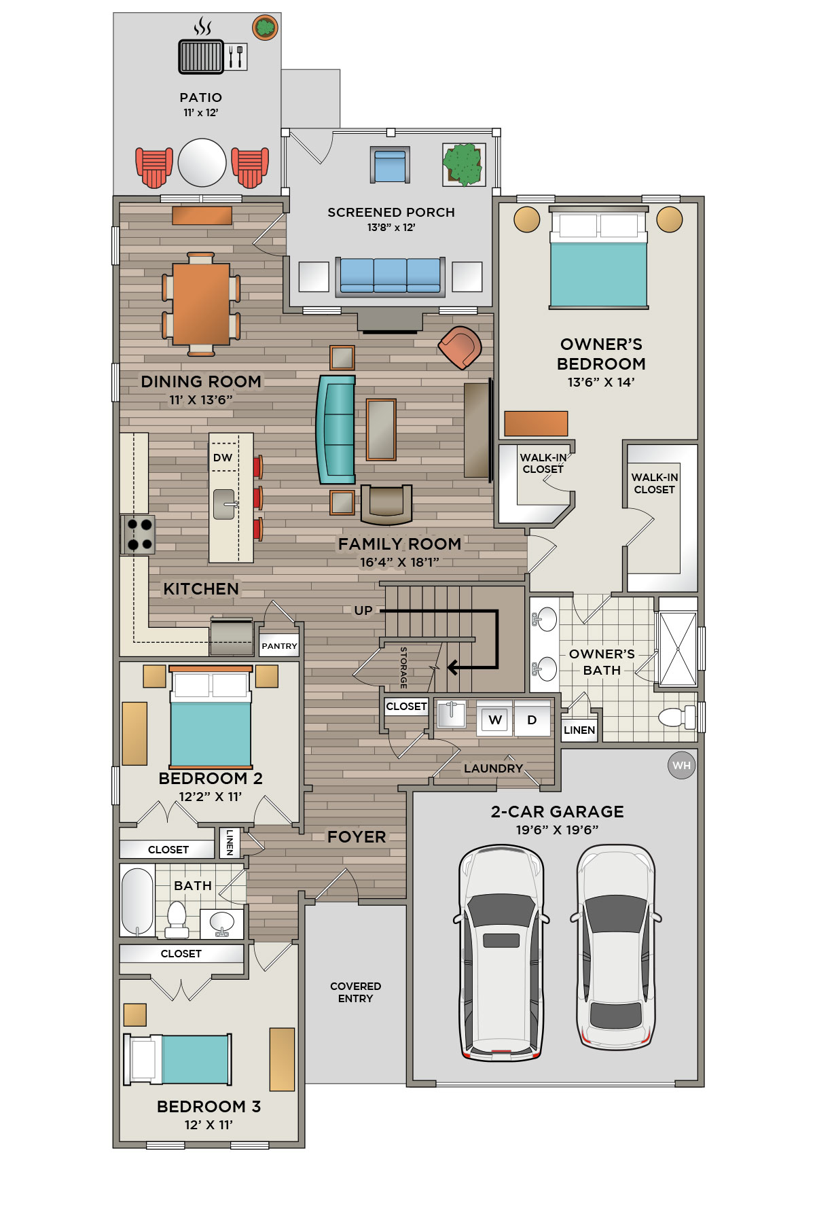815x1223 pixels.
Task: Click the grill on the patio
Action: tap(201, 56)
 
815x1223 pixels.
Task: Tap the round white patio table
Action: tap(202, 162)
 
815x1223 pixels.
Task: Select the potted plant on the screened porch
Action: tap(464, 164)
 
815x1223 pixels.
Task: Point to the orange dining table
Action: tap(201, 304)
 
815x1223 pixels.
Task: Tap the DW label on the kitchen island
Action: tap(223, 457)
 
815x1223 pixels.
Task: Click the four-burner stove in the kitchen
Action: tap(138, 534)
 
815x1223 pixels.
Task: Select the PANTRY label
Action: tap(279, 646)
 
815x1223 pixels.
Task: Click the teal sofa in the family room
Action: tap(336, 429)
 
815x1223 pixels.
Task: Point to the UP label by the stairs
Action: tap(363, 610)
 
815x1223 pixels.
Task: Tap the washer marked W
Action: tap(495, 720)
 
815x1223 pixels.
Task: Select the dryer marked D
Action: tap(532, 720)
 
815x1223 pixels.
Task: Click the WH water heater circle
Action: tap(681, 766)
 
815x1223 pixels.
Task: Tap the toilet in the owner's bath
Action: tap(677, 717)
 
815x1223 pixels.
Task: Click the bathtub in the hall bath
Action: tap(138, 901)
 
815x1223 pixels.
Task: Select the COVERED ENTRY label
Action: tap(355, 992)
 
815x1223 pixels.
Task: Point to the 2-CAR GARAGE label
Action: tap(557, 811)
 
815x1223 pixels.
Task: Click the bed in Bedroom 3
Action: tap(177, 1059)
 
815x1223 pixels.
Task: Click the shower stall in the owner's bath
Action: tap(678, 648)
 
